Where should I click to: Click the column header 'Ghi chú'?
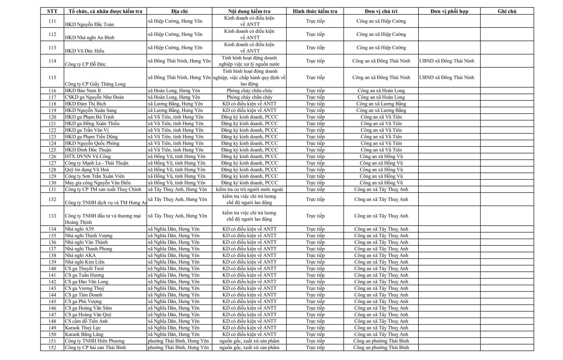pyautogui.click(x=507, y=11)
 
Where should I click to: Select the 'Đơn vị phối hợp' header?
pyautogui.click(x=449, y=11)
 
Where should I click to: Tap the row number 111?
pyautogui.click(x=52, y=21)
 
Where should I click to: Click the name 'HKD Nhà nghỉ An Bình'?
pyautogui.click(x=90, y=38)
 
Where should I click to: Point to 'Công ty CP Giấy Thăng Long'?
pyautogui.click(x=95, y=84)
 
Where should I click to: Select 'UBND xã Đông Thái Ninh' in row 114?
pyautogui.click(x=447, y=61)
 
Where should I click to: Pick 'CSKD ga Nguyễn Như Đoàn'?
pyautogui.click(x=94, y=97)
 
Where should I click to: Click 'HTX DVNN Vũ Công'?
pyautogui.click(x=88, y=156)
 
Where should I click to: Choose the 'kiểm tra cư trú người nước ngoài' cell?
pyautogui.click(x=249, y=189)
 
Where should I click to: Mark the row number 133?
pyautogui.click(x=52, y=216)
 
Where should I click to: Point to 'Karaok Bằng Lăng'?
pyautogui.click(x=84, y=334)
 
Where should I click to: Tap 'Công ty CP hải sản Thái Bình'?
pyautogui.click(x=95, y=348)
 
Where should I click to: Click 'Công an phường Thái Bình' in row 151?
pyautogui.click(x=381, y=341)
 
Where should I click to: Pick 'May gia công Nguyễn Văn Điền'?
pyautogui.click(x=97, y=183)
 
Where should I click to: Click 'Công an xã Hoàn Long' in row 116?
pyautogui.click(x=381, y=90)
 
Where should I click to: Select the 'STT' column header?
pyautogui.click(x=52, y=11)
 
